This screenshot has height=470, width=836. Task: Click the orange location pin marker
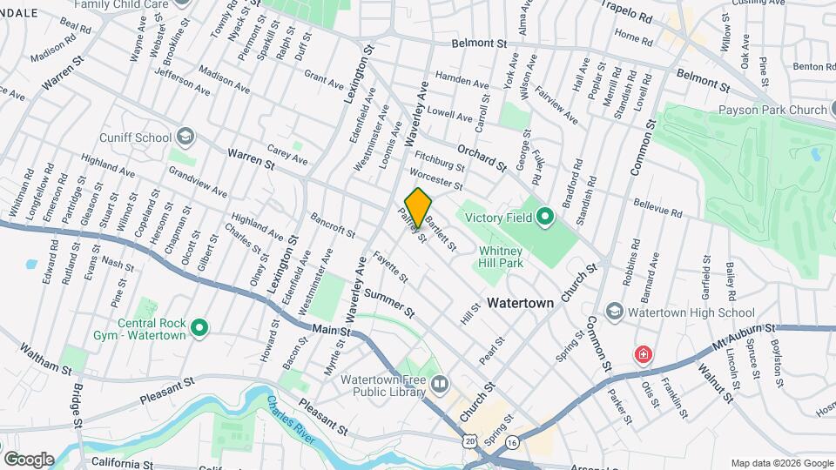click(418, 207)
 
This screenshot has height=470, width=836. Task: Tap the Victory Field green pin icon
click(545, 216)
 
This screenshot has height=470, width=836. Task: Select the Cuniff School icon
click(185, 137)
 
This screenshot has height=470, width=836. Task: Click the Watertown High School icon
click(615, 312)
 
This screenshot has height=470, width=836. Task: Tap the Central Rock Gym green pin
click(199, 328)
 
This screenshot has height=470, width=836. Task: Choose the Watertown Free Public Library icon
click(440, 384)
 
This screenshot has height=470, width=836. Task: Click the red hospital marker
click(643, 355)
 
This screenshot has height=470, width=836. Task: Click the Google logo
click(28, 459)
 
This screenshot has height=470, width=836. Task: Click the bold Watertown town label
click(520, 304)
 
